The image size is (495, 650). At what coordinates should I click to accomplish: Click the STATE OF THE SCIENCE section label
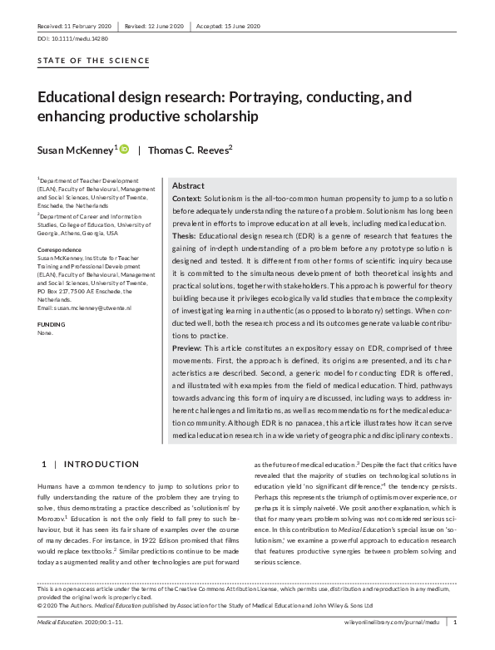[94, 61]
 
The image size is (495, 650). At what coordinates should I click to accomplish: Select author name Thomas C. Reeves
[189, 150]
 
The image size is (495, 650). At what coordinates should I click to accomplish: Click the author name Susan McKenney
[73, 150]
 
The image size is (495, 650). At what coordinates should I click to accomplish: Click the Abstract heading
[187, 186]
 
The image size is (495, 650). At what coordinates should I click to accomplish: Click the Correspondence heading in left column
[61, 249]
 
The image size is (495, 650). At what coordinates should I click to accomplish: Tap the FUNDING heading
[51, 323]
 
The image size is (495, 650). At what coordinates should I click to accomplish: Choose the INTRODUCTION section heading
[102, 463]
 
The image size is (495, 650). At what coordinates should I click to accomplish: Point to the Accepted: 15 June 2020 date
[230, 26]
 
